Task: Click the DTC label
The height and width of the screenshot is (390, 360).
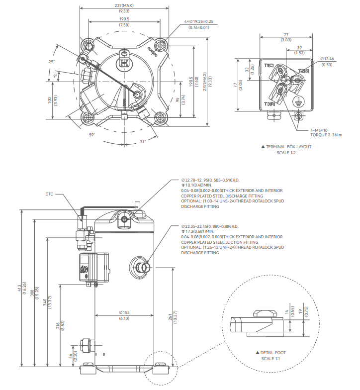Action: point(49,194)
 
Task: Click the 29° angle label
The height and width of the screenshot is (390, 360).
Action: point(51,62)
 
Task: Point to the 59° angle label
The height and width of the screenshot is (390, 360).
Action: point(92,135)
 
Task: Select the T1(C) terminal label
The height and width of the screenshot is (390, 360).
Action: point(269,66)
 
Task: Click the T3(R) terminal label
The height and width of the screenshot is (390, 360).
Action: point(270,103)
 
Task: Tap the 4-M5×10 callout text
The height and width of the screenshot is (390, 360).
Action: point(321,130)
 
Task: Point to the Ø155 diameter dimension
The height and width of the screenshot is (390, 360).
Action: point(124,312)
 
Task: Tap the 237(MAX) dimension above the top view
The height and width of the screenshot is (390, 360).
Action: point(124,6)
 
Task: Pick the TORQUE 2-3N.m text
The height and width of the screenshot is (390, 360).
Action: point(327,135)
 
